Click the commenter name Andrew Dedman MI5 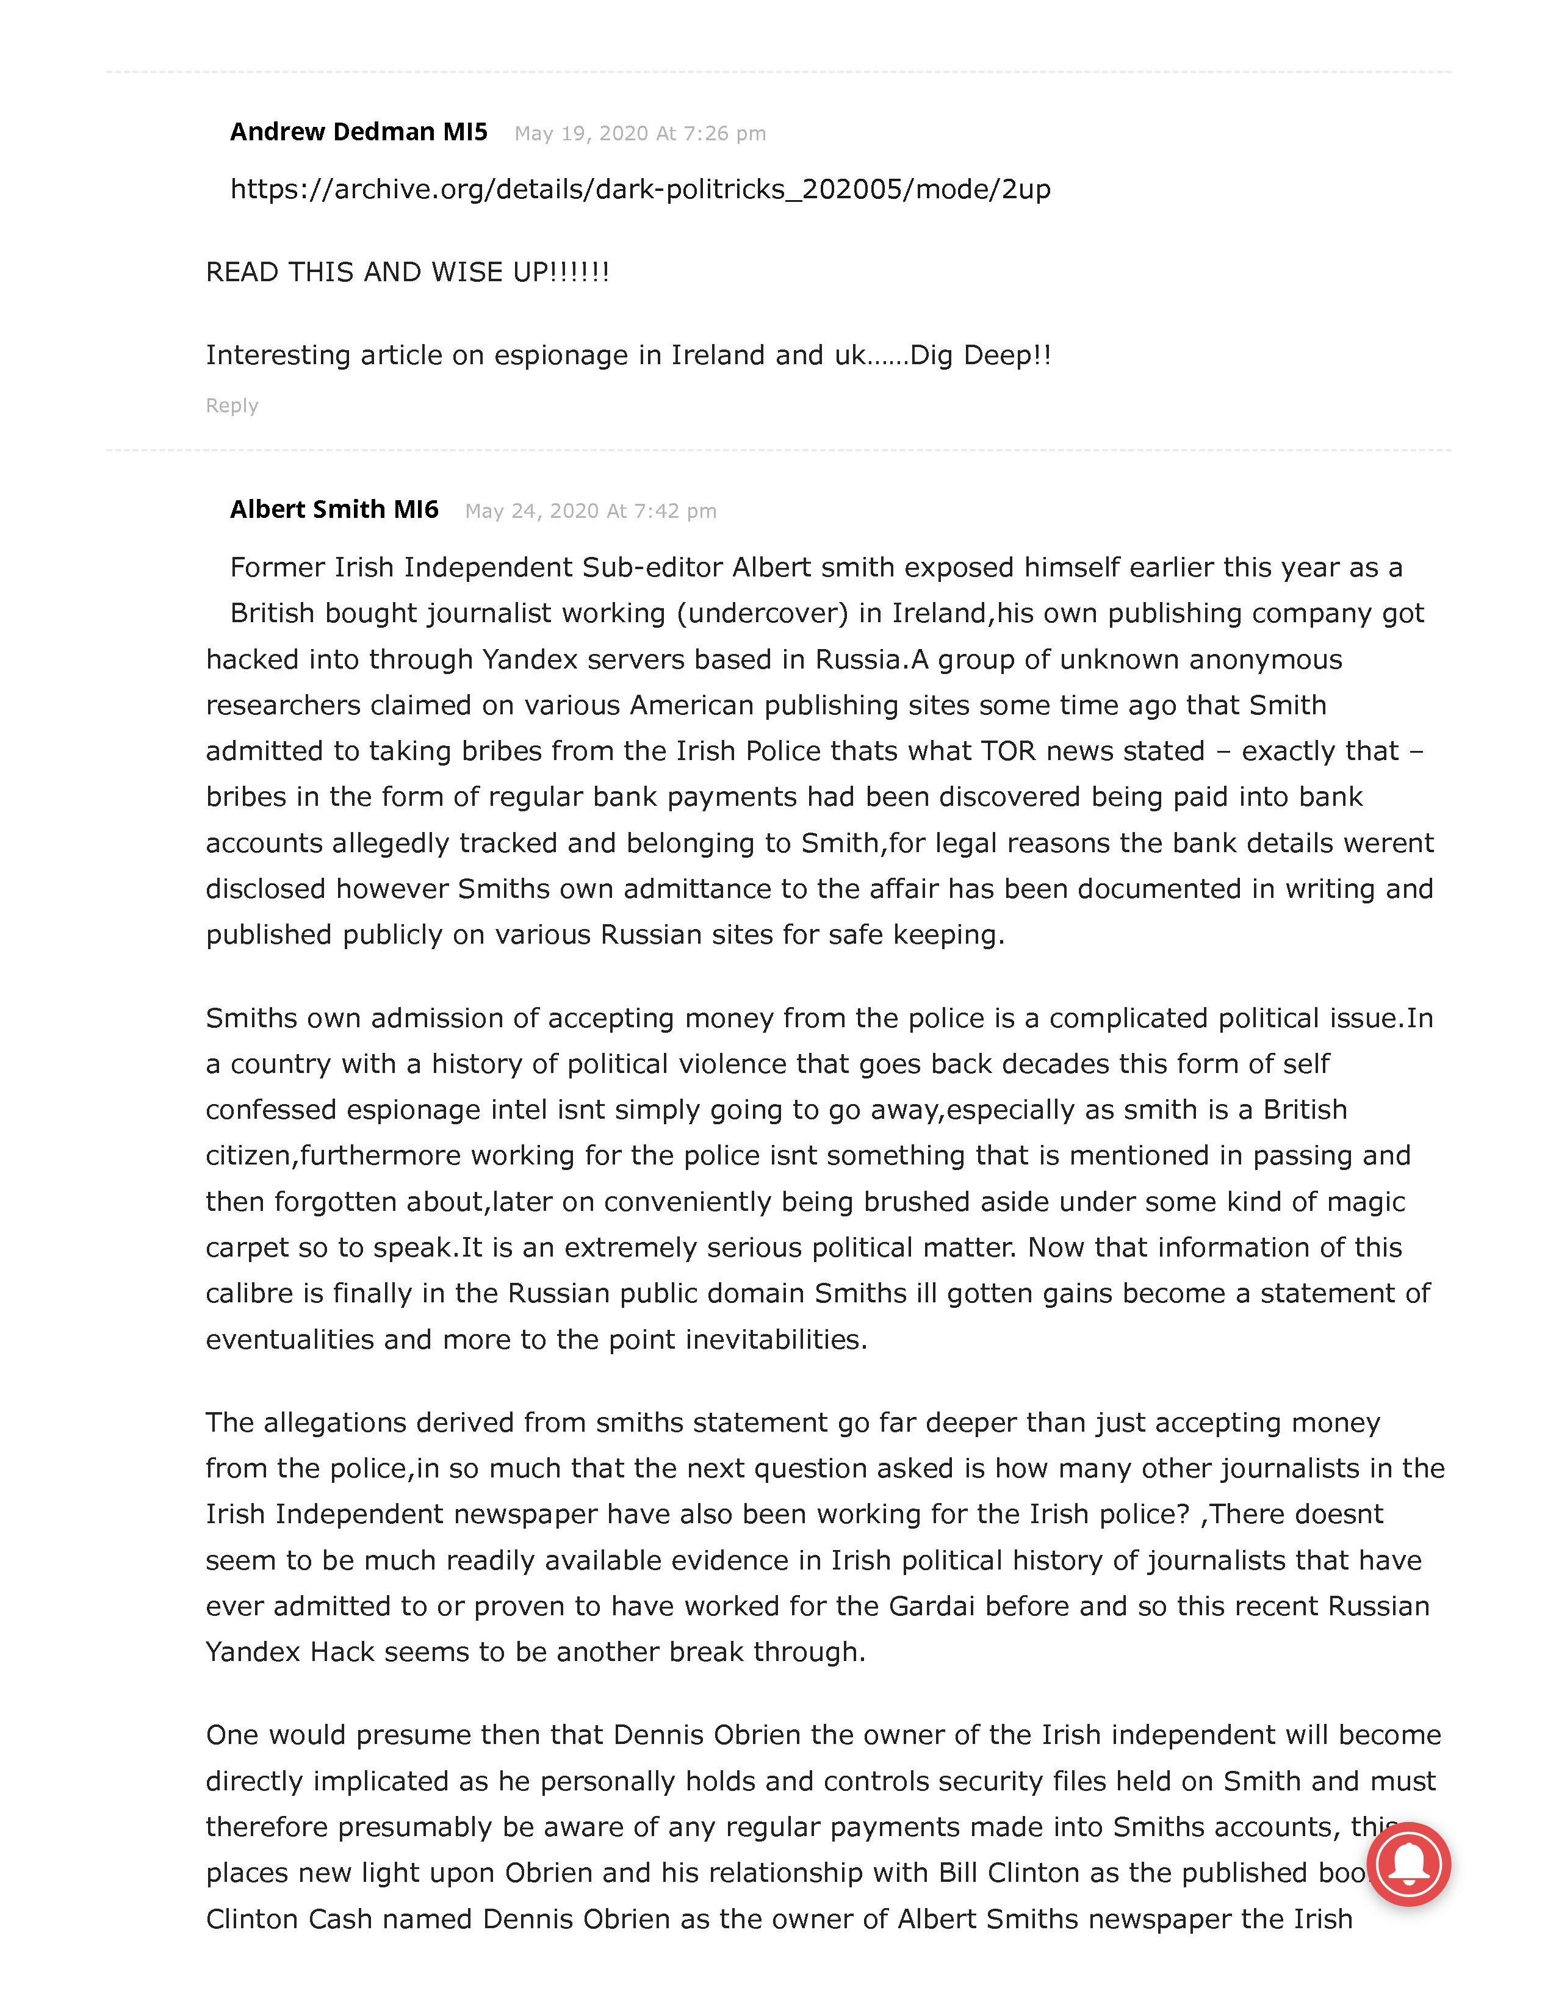coord(359,132)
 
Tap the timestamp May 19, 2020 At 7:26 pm coord(639,134)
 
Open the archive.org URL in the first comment coord(639,189)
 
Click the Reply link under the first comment coord(231,406)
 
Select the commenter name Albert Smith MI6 coord(334,510)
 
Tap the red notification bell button coord(1408,1864)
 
